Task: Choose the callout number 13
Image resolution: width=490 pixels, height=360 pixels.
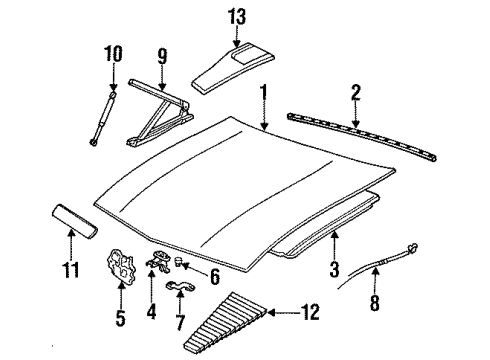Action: point(237,15)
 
